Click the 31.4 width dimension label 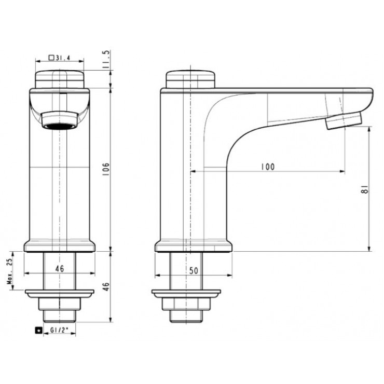pyautogui.click(x=63, y=58)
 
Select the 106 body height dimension pyautogui.click(x=106, y=169)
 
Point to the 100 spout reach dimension pyautogui.click(x=268, y=167)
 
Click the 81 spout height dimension pyautogui.click(x=365, y=189)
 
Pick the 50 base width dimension pyautogui.click(x=194, y=270)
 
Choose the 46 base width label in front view pyautogui.click(x=60, y=269)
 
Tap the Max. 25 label pyautogui.click(x=10, y=271)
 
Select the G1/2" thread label pyautogui.click(x=59, y=330)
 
